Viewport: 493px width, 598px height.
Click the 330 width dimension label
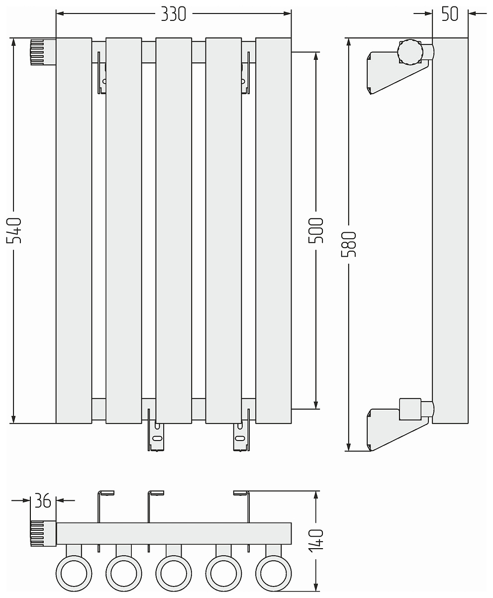pos(173,14)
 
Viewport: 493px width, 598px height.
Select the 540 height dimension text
pos(14,231)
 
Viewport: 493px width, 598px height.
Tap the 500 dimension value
pos(316,231)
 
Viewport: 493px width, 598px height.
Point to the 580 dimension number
pos(349,244)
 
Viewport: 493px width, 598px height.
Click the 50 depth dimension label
pos(450,14)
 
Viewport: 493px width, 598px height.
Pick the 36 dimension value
pos(43,500)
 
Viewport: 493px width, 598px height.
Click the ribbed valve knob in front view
pos(37,52)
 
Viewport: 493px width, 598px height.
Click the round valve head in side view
pos(410,52)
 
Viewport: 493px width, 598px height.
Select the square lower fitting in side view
pos(410,409)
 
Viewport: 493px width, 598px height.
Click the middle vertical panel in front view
pos(174,231)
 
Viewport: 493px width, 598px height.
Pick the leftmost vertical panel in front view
pos(74,231)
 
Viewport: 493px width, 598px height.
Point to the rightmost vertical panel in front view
pos(274,231)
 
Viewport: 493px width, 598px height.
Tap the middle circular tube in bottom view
pos(174,574)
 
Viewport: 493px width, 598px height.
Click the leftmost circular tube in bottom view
pos(74,574)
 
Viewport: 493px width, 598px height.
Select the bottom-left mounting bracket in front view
pos(156,430)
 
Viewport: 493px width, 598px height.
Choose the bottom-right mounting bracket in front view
pos(242,430)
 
